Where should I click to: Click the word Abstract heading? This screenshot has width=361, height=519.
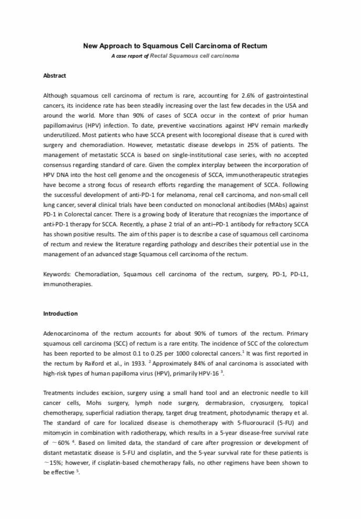pyautogui.click(x=55, y=76)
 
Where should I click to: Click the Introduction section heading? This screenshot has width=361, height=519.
pyautogui.click(x=60, y=314)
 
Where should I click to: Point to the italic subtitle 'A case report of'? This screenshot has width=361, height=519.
pyautogui.click(x=130, y=55)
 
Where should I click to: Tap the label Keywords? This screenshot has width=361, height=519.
pyautogui.click(x=57, y=274)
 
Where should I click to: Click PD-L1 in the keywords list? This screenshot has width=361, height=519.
pyautogui.click(x=298, y=274)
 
